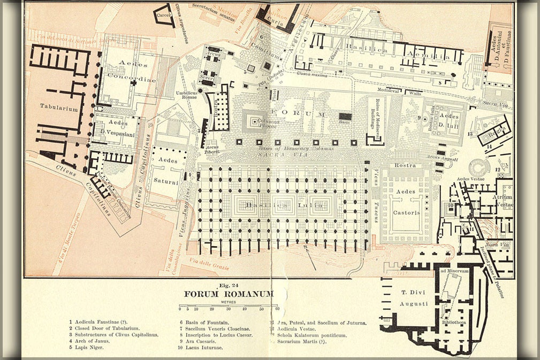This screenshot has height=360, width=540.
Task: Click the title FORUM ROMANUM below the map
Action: point(229,294)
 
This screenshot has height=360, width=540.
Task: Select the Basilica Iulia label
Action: point(284,205)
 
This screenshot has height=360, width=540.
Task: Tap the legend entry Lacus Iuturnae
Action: point(204,347)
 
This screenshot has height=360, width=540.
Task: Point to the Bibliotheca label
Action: point(453,323)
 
